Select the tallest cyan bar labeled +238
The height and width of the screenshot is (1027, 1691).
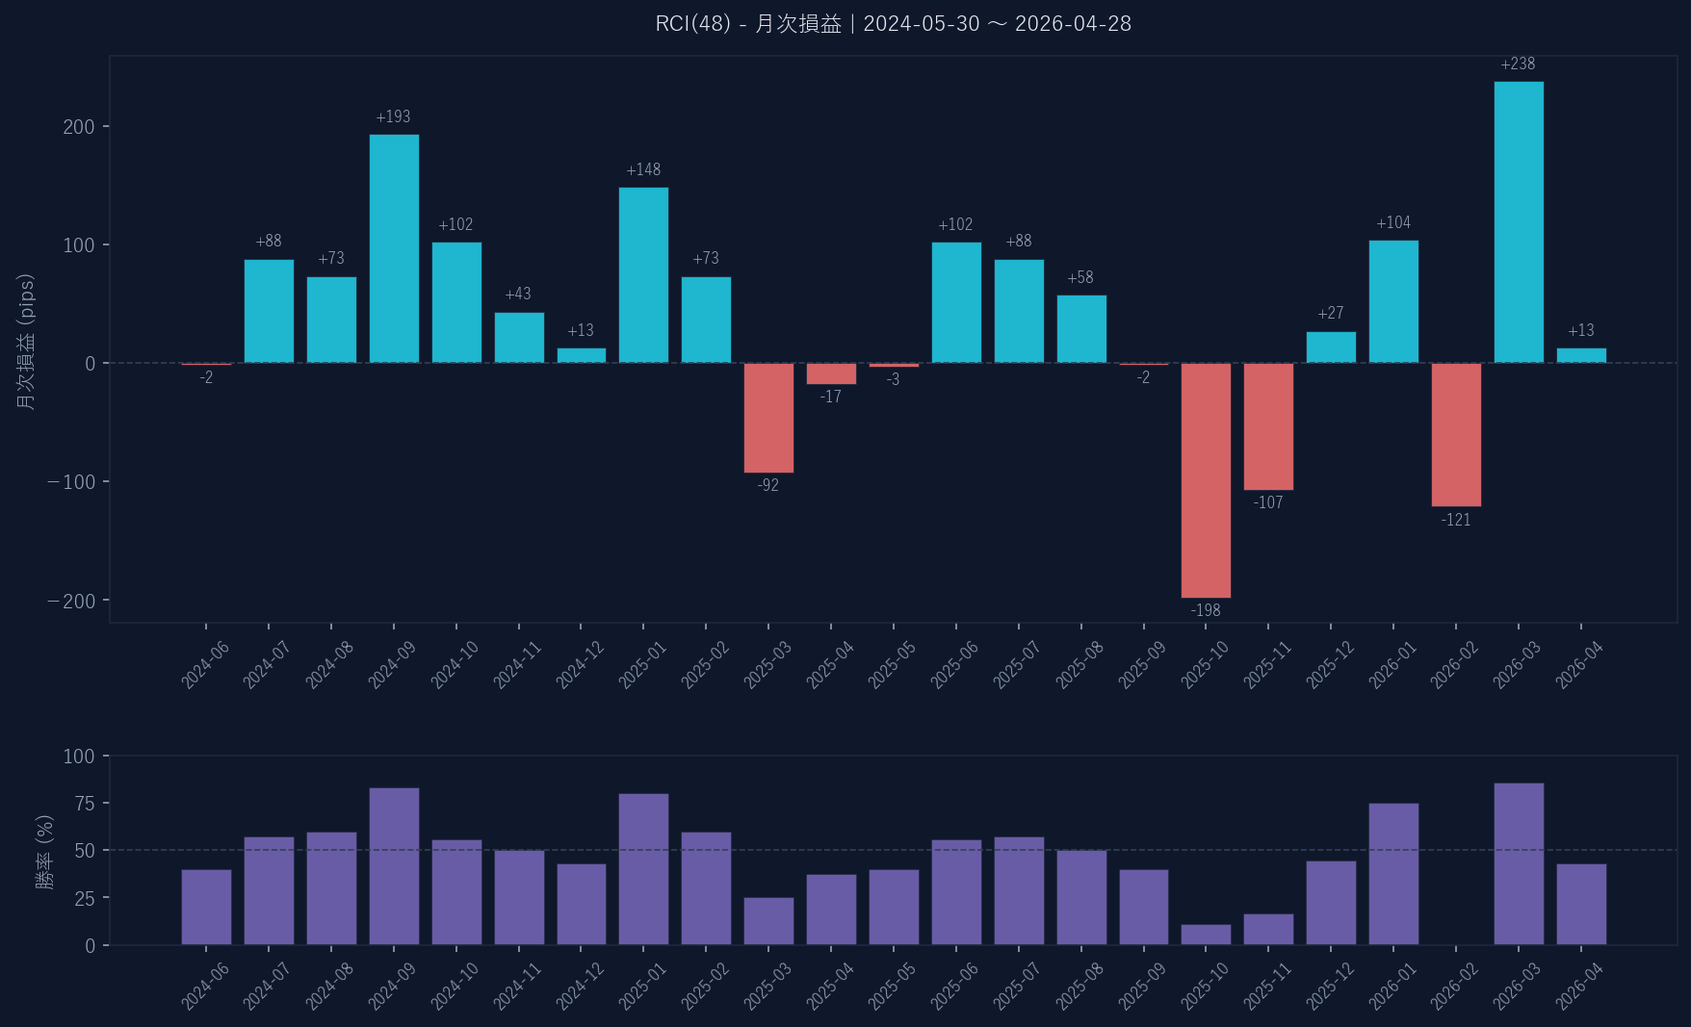coord(1519,221)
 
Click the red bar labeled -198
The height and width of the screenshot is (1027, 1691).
coord(1206,480)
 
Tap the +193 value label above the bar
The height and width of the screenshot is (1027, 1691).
coord(393,116)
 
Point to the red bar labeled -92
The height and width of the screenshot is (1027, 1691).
coord(768,418)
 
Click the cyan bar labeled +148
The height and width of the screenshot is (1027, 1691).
coord(643,274)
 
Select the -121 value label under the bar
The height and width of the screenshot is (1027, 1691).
coord(1456,520)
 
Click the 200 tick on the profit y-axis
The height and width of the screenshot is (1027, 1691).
coord(79,127)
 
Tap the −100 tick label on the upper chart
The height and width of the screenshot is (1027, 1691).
coord(72,482)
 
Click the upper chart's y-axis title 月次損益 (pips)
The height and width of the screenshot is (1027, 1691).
coord(26,342)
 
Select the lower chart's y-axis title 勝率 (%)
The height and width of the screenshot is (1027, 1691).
coord(44,851)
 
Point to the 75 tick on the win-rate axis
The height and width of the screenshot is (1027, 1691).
coord(85,804)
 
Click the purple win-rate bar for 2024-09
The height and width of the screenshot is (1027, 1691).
coord(394,866)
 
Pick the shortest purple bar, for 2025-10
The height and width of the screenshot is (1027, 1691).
coord(1206,935)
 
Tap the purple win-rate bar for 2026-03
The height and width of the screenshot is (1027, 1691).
coord(1519,863)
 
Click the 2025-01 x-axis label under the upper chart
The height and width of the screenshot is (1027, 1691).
coord(642,665)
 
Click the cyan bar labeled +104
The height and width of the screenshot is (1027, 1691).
coord(1393,301)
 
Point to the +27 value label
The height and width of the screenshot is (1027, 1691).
coord(1331,313)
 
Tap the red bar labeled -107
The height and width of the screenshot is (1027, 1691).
coord(1268,426)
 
